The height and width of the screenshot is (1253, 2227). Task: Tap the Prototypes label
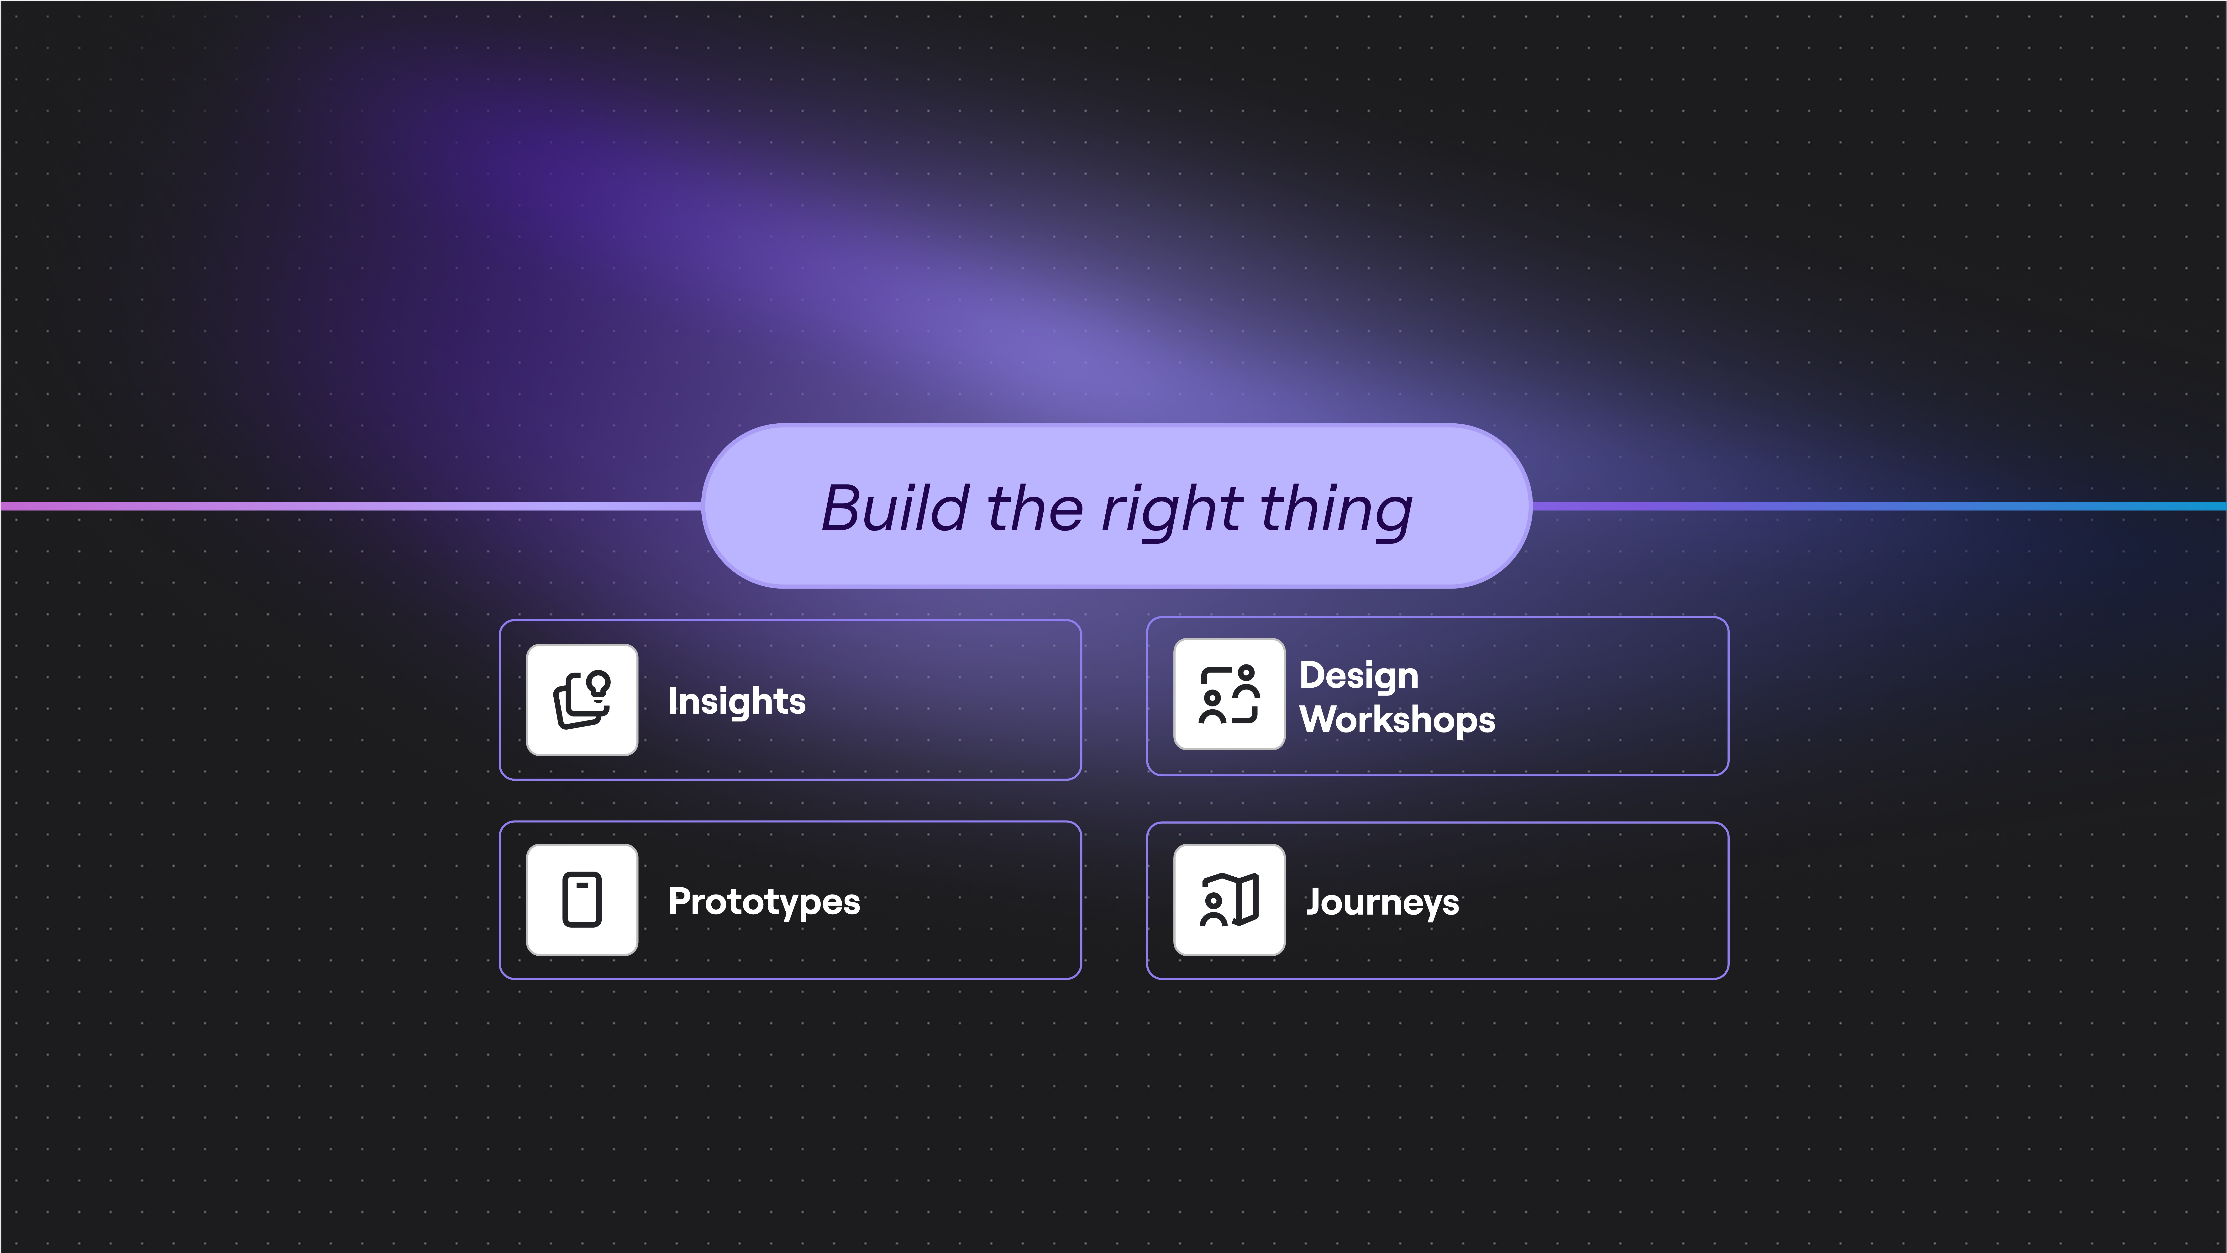tap(764, 902)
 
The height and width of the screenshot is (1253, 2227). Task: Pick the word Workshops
tap(1397, 719)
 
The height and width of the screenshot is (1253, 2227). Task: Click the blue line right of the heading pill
tap(1880, 506)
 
